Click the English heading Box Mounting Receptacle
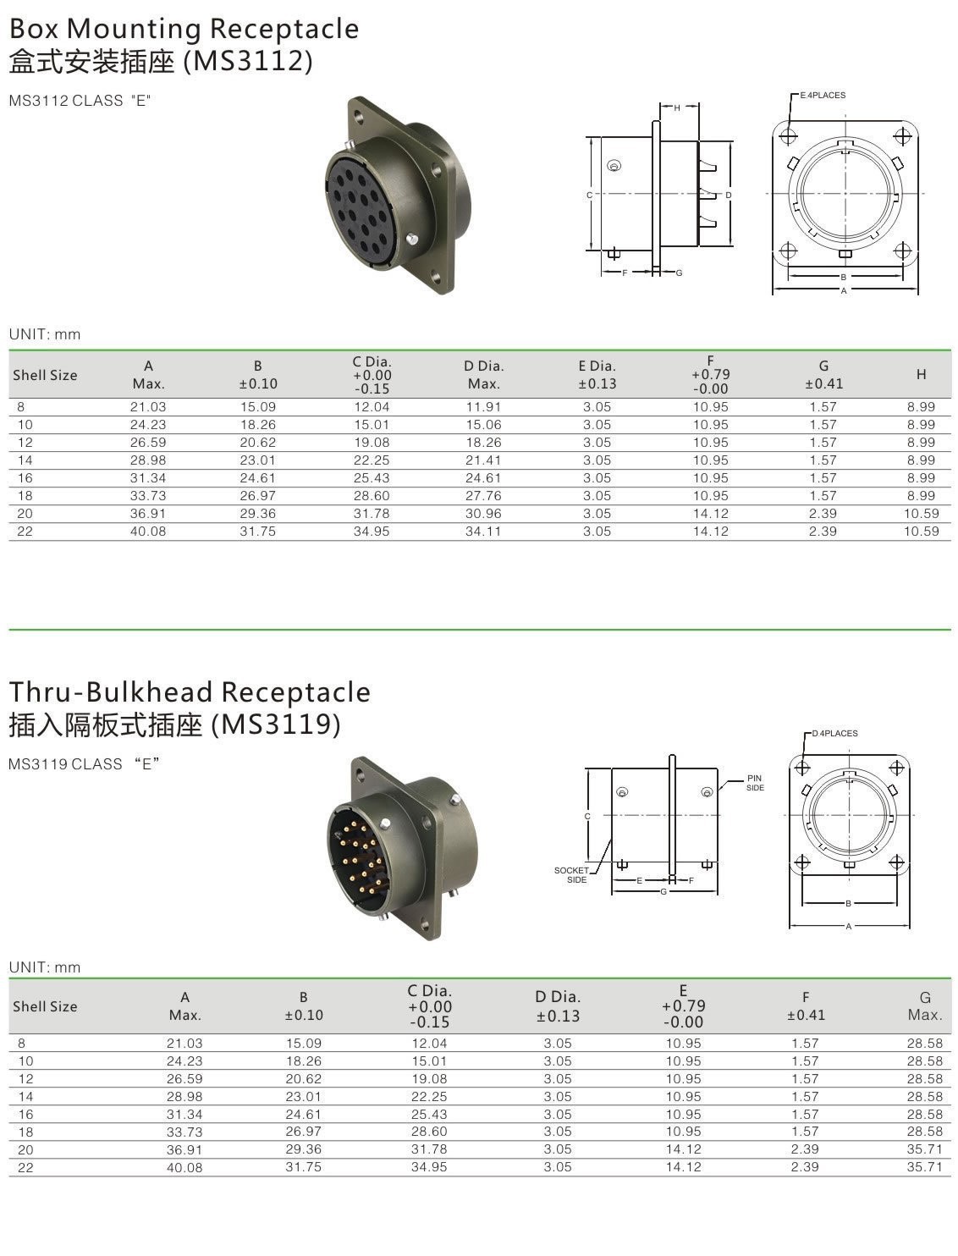click(184, 29)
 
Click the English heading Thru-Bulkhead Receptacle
click(190, 691)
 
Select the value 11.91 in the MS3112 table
click(483, 407)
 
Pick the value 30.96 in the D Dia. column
click(483, 514)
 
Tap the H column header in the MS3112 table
click(921, 375)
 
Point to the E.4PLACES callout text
click(823, 96)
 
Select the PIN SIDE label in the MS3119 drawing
click(754, 783)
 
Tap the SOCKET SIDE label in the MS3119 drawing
click(571, 875)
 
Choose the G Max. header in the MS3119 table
click(924, 1006)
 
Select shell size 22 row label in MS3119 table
click(25, 1167)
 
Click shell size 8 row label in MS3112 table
click(20, 407)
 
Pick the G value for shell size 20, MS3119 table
click(924, 1149)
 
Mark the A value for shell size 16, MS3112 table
click(148, 478)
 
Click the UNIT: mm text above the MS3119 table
click(45, 967)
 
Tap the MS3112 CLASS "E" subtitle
click(80, 101)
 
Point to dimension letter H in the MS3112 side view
click(677, 107)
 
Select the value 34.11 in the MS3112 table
click(483, 532)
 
